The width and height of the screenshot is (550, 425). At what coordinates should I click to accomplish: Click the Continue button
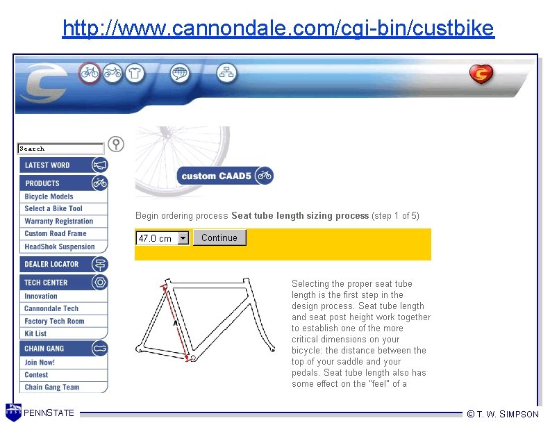pyautogui.click(x=219, y=238)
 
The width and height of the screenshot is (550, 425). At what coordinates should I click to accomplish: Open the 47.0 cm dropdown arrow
pyautogui.click(x=183, y=238)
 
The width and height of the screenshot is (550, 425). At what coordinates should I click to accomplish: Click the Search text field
pyautogui.click(x=60, y=149)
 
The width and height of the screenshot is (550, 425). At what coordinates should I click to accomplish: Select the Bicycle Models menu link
pyautogui.click(x=49, y=197)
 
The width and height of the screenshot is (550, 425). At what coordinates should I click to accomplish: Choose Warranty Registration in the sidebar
pyautogui.click(x=58, y=222)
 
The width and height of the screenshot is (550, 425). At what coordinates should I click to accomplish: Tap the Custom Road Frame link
pyautogui.click(x=56, y=234)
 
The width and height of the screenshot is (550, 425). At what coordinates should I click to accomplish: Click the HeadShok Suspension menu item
pyautogui.click(x=60, y=247)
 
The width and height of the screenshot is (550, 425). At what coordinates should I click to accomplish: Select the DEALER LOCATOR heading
pyautogui.click(x=52, y=265)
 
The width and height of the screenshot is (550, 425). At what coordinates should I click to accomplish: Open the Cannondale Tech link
pyautogui.click(x=51, y=308)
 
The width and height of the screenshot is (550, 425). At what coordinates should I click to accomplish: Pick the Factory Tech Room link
pyautogui.click(x=54, y=322)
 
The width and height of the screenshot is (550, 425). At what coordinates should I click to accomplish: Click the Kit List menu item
pyautogui.click(x=35, y=334)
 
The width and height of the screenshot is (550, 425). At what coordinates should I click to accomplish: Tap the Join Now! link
pyautogui.click(x=40, y=362)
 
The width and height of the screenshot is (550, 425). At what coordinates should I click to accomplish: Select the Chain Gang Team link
pyautogui.click(x=52, y=387)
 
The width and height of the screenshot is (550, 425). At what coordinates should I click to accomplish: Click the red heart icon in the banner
pyautogui.click(x=481, y=74)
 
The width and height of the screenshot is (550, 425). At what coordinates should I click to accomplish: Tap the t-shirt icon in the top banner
pyautogui.click(x=135, y=72)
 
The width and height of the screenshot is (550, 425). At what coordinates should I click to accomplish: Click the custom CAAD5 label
pyautogui.click(x=216, y=176)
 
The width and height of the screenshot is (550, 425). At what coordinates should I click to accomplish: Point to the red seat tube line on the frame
pyautogui.click(x=176, y=322)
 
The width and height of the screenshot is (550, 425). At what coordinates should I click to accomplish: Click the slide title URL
pyautogui.click(x=278, y=28)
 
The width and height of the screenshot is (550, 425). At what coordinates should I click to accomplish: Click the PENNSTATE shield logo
pyautogui.click(x=13, y=412)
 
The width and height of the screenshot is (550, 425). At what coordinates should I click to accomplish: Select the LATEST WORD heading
pyautogui.click(x=47, y=165)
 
